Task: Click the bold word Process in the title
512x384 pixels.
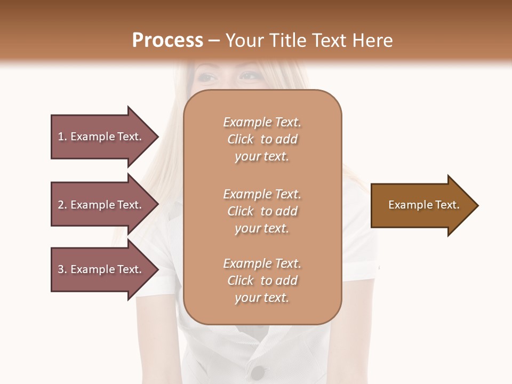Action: pos(167,41)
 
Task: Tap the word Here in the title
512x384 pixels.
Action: pos(372,41)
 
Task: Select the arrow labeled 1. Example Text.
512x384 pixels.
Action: pos(101,137)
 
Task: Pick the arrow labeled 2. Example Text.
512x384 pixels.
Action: pos(101,205)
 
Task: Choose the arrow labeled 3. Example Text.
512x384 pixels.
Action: pos(101,269)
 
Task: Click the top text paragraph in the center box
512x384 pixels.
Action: pos(262,139)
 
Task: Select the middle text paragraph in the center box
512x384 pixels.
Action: pos(262,211)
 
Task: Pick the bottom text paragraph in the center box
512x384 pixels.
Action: pos(262,281)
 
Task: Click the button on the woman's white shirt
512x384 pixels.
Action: pos(258,372)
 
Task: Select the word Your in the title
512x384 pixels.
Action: pos(244,41)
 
